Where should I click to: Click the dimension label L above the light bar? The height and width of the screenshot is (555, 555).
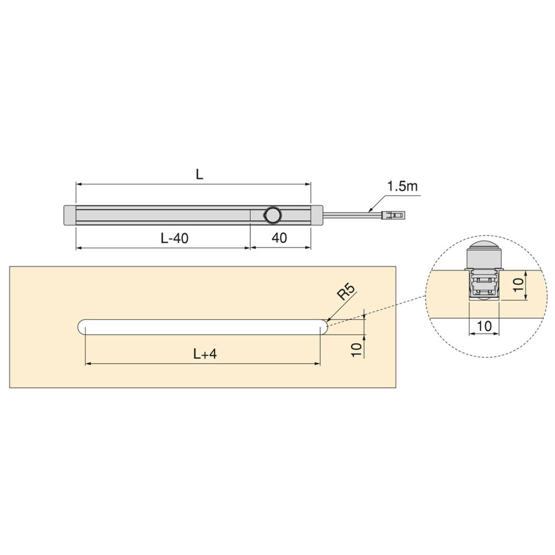coord(199,174)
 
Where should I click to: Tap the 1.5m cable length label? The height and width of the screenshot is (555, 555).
coord(402,187)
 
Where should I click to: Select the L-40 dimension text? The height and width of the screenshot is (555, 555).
coord(174,238)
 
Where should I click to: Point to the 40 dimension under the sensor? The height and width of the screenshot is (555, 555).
coord(279,238)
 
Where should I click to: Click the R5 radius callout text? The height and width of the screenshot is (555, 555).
coord(346,291)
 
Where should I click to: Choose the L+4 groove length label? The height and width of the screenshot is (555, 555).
coord(205,354)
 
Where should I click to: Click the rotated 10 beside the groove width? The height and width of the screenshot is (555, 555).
coord(356,350)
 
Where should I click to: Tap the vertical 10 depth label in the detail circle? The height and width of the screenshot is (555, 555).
coord(518,285)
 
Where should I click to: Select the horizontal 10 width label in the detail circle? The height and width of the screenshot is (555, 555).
coord(484,327)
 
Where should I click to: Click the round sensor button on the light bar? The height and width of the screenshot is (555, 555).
coord(272,215)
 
